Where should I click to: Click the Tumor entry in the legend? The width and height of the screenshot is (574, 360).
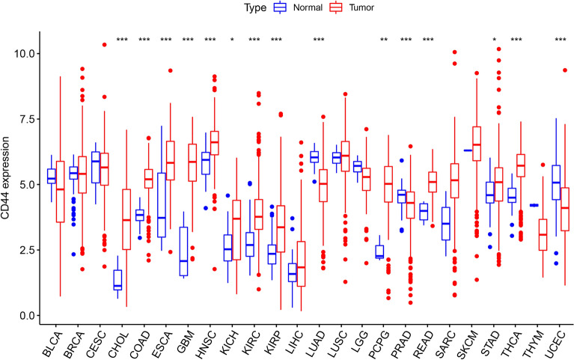pos(367,7)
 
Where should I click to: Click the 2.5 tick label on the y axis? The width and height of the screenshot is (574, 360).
pos(28,249)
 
